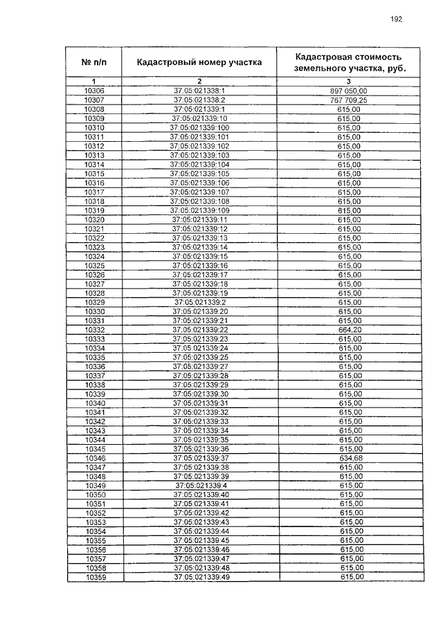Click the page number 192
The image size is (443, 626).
[x=396, y=19]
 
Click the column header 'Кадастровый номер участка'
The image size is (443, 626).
[x=199, y=62]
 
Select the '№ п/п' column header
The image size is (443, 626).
[x=93, y=62]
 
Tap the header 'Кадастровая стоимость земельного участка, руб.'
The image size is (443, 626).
[x=348, y=62]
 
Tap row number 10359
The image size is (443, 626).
[x=96, y=577]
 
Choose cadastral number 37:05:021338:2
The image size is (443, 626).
[x=199, y=100]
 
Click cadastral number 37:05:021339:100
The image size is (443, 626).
[x=199, y=128]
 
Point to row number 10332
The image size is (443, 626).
[x=94, y=330]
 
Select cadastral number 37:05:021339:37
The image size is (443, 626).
[x=201, y=458]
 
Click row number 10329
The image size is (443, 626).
[x=94, y=302]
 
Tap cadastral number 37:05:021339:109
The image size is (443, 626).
[x=199, y=210]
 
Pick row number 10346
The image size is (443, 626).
[x=95, y=458]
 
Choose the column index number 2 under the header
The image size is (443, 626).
[x=199, y=82]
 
